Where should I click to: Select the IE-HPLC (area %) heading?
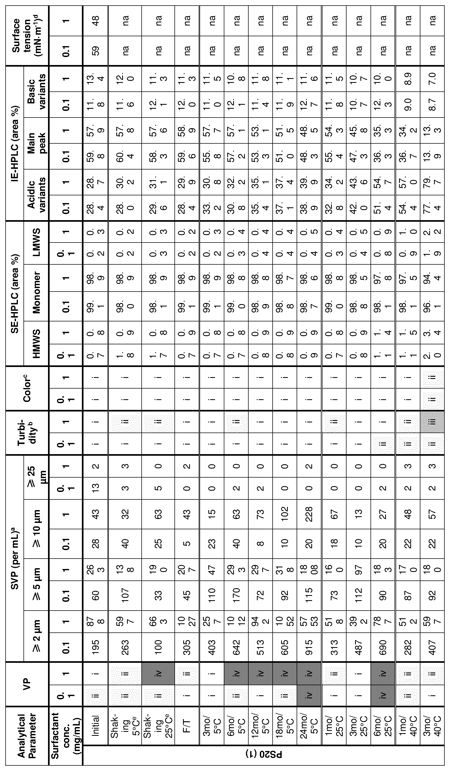click(14, 144)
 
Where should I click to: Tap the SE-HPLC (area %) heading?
click(14, 294)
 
